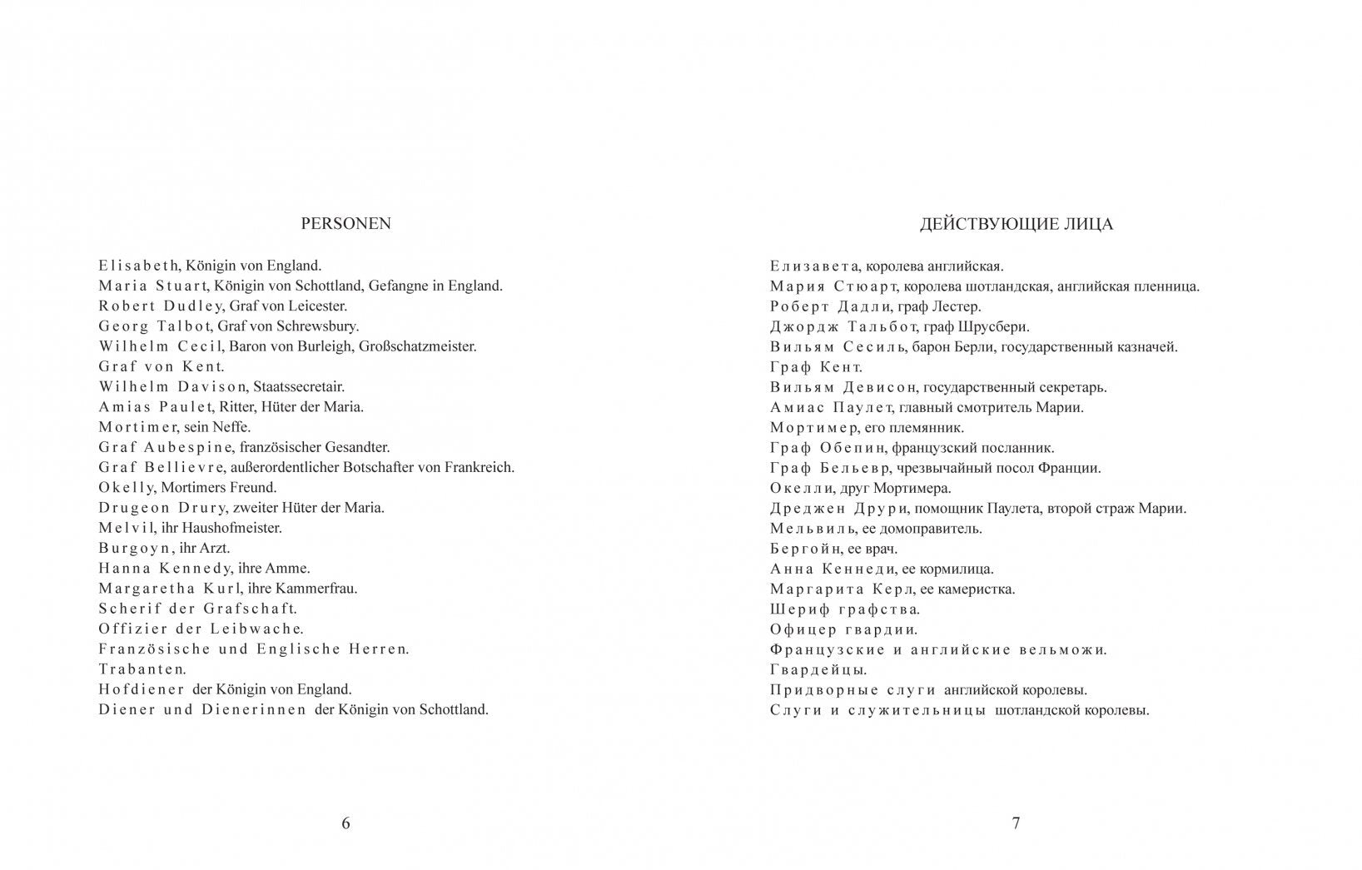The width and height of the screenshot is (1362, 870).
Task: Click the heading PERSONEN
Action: (x=345, y=224)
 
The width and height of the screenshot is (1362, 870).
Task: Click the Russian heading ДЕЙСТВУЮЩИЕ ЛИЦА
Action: (x=1016, y=224)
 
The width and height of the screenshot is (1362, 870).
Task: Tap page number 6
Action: (x=345, y=823)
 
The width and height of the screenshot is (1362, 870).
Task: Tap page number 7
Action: (x=1016, y=823)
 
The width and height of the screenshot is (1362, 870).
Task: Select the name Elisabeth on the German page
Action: (x=138, y=266)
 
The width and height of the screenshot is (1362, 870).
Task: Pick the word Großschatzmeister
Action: (x=417, y=346)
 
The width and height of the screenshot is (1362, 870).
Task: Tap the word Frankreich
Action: (x=479, y=467)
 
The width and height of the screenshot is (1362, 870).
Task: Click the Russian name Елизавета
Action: (x=813, y=266)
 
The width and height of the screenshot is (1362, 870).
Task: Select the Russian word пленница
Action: (x=1168, y=286)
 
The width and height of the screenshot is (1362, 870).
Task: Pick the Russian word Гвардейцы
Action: (x=818, y=669)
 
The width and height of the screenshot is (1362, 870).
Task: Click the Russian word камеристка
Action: (x=977, y=589)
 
